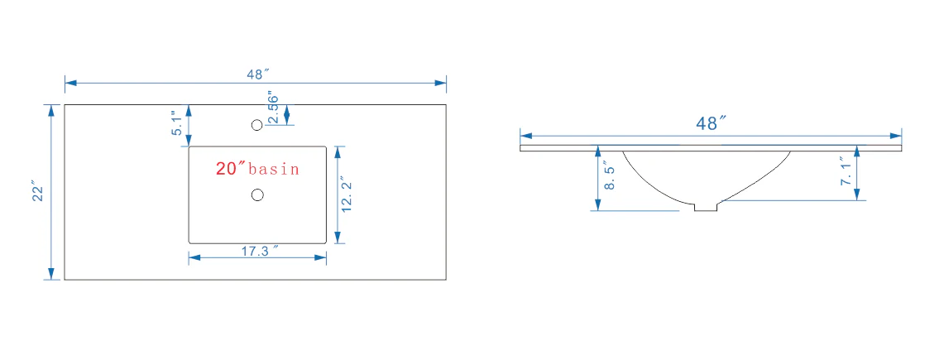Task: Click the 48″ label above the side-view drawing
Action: [710, 123]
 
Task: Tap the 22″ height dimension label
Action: [38, 193]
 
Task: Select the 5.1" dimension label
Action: [178, 123]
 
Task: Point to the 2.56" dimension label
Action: [273, 108]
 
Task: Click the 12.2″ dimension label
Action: [347, 194]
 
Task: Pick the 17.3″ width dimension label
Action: [258, 251]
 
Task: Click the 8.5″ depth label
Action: [610, 178]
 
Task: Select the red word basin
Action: [274, 170]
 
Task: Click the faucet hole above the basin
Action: [256, 125]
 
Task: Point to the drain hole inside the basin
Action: [257, 194]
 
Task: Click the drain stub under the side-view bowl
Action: [705, 207]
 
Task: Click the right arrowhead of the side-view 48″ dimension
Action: [896, 135]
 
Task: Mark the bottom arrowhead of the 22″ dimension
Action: [51, 273]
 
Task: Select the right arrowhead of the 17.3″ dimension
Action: [320, 258]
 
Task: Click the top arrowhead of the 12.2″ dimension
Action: [337, 152]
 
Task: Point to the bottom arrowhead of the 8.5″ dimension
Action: [597, 204]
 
